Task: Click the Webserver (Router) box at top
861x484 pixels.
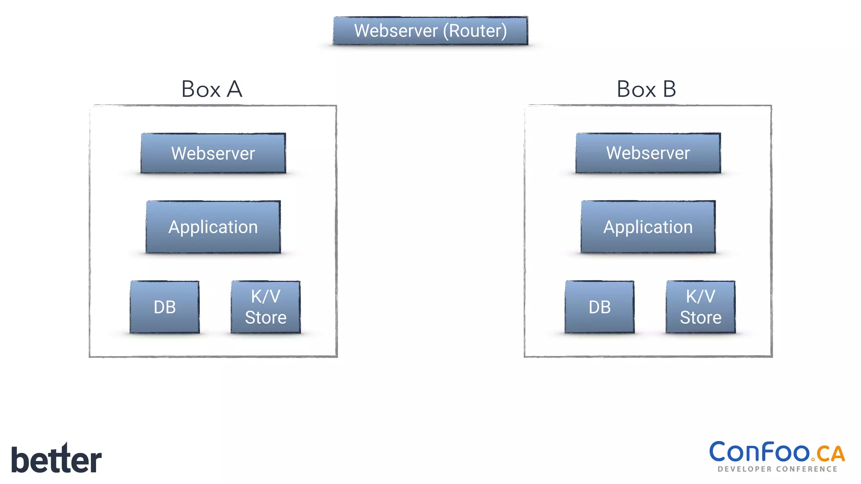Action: pyautogui.click(x=430, y=31)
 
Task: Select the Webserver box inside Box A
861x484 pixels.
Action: pyautogui.click(x=213, y=153)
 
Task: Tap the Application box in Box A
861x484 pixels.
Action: pyautogui.click(x=213, y=227)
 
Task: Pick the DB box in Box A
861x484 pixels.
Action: pyautogui.click(x=164, y=307)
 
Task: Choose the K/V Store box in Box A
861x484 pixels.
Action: pyautogui.click(x=266, y=307)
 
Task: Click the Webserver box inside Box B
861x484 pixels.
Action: pyautogui.click(x=648, y=153)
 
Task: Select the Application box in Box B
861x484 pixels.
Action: pyautogui.click(x=648, y=227)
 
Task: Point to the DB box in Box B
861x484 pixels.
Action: pyautogui.click(x=600, y=307)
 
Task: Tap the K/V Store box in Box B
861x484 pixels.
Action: pyautogui.click(x=700, y=307)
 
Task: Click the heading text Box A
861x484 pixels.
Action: pyautogui.click(x=211, y=89)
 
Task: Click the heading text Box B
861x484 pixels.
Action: pyautogui.click(x=646, y=89)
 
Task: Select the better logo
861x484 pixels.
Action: pyautogui.click(x=56, y=459)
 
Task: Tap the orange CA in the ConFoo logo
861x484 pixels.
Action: pyautogui.click(x=830, y=454)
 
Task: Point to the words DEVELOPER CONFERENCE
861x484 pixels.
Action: pyautogui.click(x=777, y=469)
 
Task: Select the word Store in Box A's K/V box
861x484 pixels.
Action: pyautogui.click(x=266, y=318)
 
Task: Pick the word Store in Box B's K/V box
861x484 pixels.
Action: pyautogui.click(x=700, y=318)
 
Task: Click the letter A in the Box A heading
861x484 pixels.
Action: pyautogui.click(x=235, y=89)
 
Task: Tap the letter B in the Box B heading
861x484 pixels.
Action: pyautogui.click(x=669, y=89)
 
